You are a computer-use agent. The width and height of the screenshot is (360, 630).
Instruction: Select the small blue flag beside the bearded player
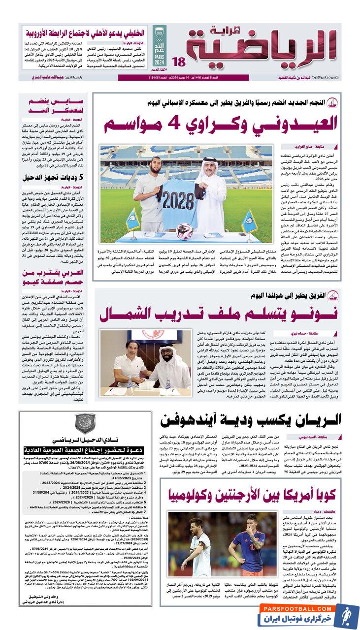(x=133, y=219)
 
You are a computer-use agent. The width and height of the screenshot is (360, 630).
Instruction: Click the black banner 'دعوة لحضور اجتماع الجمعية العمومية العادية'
(x=81, y=449)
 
